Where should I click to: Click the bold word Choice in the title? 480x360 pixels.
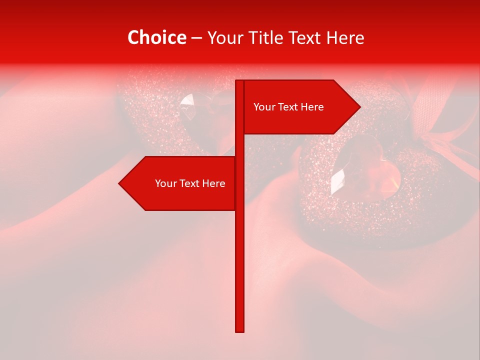tap(156, 37)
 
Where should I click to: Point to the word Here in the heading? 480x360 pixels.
tap(347, 37)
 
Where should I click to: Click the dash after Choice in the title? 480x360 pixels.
tap(196, 38)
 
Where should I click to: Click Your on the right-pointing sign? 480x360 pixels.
tap(264, 107)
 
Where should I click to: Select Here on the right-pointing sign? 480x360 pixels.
tap(312, 107)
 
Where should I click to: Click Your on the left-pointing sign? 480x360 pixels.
tap(165, 183)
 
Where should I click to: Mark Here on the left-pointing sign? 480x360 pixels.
tap(214, 183)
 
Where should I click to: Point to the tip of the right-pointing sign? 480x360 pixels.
tap(359, 106)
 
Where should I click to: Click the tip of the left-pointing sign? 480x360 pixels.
tap(120, 183)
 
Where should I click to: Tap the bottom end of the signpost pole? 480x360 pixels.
tap(239, 330)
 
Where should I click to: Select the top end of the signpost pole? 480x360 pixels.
tap(239, 81)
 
